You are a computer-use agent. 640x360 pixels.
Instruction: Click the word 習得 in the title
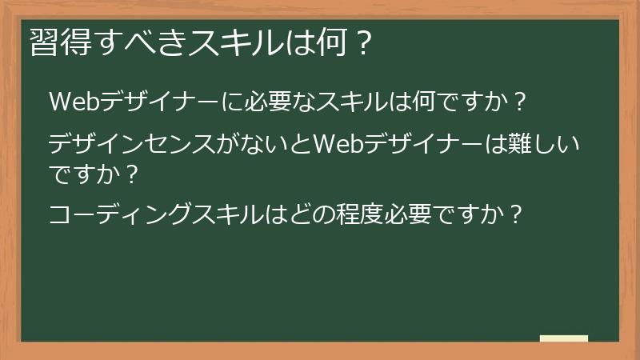[55, 42]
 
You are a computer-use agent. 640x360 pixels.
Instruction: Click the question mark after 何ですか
[518, 103]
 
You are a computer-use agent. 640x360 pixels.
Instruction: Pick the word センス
[186, 146]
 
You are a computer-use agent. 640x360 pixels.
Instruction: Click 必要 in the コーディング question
[394, 215]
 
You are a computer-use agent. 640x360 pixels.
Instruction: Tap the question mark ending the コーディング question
[515, 215]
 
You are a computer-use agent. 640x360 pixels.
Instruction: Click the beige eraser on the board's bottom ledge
[563, 339]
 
